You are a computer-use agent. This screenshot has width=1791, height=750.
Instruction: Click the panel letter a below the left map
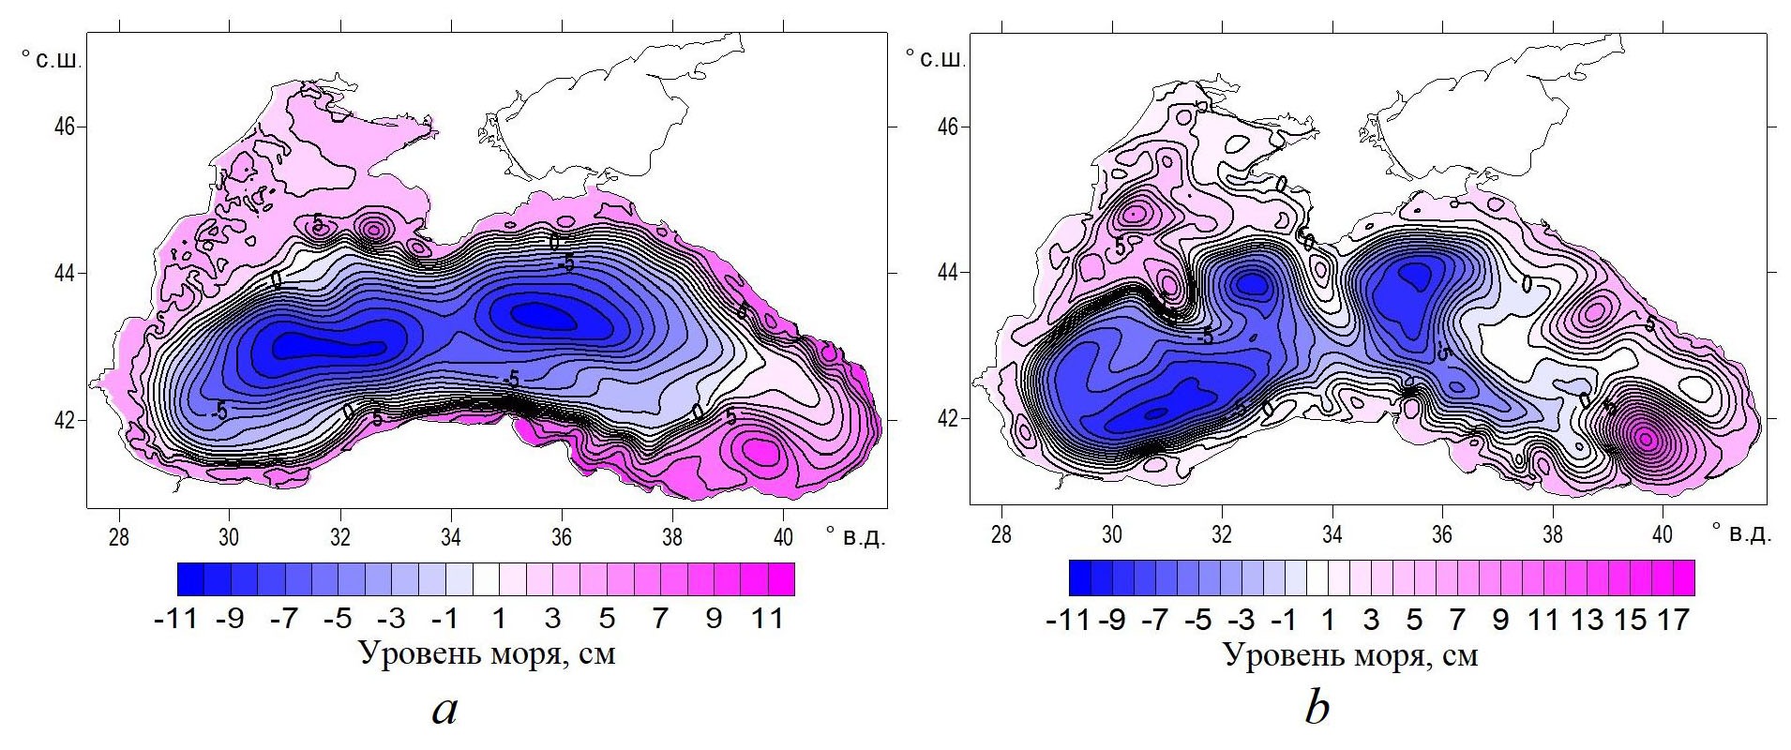pos(444,710)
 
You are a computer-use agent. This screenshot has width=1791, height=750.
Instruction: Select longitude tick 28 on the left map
pos(118,537)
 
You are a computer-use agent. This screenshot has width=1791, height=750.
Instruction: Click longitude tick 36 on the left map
pos(562,537)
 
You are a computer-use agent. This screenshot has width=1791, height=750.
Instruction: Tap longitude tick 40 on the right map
pos(1663,535)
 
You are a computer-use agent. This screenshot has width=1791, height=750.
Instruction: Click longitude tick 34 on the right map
pos(1332,535)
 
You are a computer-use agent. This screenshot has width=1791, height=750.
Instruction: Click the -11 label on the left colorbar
pos(174,619)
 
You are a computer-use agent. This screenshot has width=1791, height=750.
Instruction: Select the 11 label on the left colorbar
pos(768,619)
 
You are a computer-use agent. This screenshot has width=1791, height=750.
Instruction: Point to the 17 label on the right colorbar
pos(1673,620)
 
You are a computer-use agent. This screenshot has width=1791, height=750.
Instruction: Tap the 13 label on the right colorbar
pos(1587,620)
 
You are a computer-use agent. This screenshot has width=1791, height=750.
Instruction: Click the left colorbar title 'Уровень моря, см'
pos(487,653)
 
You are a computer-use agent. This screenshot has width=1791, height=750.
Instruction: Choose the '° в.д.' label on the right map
pos(1741,533)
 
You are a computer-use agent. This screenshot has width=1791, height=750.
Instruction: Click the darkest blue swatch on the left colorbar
pos(190,579)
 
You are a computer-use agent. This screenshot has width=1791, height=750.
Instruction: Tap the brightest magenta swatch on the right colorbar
pos(1683,577)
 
